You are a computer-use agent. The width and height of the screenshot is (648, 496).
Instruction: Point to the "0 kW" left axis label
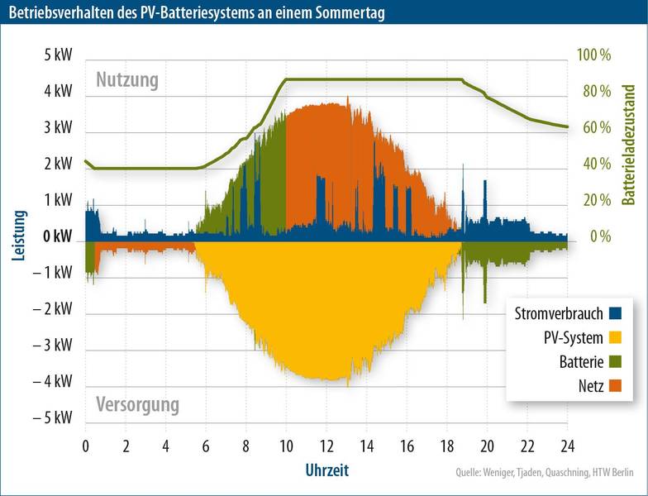58,236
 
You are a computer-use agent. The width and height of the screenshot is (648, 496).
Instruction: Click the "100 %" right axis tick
593,55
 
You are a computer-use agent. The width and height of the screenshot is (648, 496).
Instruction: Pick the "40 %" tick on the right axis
597,164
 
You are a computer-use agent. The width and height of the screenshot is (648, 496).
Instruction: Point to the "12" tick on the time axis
326,446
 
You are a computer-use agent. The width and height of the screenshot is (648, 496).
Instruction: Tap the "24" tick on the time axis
568,446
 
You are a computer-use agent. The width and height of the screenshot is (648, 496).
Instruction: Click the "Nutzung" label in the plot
126,80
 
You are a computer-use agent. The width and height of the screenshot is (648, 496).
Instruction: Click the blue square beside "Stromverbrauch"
615,312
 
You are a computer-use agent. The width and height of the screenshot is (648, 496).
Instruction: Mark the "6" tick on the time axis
206,446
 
